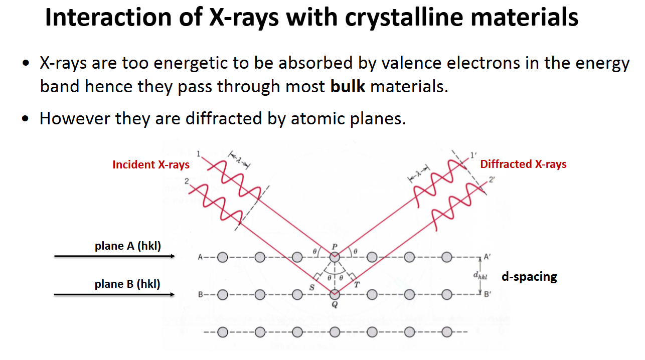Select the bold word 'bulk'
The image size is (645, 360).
pyautogui.click(x=347, y=87)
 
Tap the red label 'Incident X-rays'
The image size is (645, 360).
pyautogui.click(x=151, y=164)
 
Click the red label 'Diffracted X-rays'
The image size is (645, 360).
pyautogui.click(x=523, y=164)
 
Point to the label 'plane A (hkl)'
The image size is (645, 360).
pyautogui.click(x=127, y=246)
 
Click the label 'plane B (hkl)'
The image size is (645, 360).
pyautogui.click(x=127, y=284)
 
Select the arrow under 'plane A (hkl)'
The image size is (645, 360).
pyautogui.click(x=114, y=256)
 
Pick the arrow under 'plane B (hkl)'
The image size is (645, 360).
pyautogui.click(x=114, y=294)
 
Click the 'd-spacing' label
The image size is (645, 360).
pyautogui.click(x=529, y=276)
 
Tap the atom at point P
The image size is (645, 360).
pyautogui.click(x=335, y=257)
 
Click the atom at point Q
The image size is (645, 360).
pyautogui.click(x=335, y=294)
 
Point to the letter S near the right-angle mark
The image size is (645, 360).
pyautogui.click(x=311, y=287)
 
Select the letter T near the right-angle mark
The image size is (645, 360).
pyautogui.click(x=357, y=285)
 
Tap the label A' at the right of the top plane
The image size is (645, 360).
pyautogui.click(x=487, y=256)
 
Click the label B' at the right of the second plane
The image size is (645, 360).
pyautogui.click(x=487, y=295)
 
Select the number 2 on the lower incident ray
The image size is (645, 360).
pyautogui.click(x=187, y=181)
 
